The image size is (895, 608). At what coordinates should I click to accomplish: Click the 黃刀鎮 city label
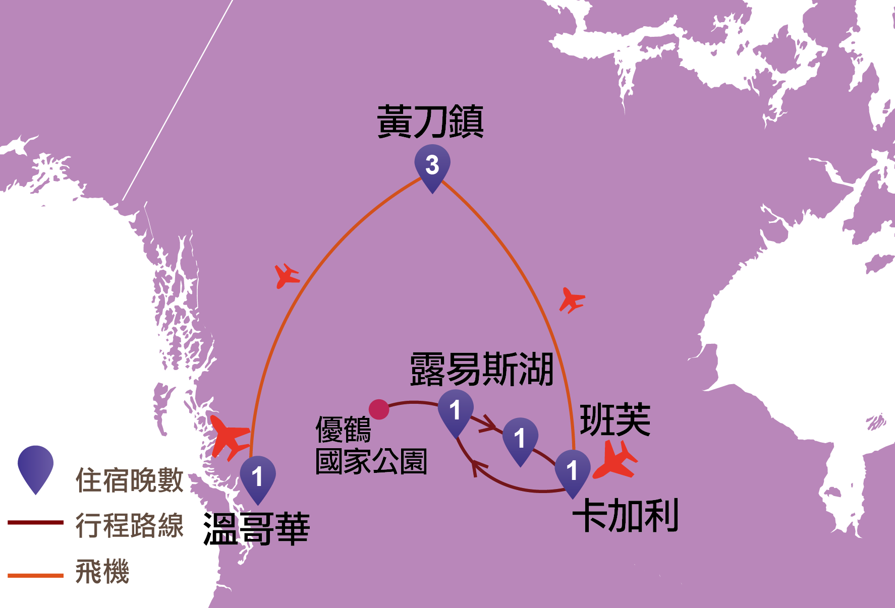430,121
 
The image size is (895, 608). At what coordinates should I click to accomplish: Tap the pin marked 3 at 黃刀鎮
432,165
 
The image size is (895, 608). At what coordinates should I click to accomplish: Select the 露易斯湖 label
481,370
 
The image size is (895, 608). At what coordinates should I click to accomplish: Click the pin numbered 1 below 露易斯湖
456,410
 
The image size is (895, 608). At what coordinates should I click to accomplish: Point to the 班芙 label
614,419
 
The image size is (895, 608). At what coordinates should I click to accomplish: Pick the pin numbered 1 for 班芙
520,438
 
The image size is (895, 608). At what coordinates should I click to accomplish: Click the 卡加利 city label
625,515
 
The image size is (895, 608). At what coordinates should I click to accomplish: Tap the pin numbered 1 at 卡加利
572,471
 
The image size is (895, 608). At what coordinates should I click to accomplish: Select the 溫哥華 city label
256,529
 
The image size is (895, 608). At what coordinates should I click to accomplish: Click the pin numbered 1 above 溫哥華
258,476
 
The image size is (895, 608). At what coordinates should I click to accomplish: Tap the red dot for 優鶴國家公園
379,409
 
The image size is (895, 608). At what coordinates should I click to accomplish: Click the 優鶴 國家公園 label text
371,445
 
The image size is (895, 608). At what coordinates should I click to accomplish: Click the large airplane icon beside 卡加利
616,460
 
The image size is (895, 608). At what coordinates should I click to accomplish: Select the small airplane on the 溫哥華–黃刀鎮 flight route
287,276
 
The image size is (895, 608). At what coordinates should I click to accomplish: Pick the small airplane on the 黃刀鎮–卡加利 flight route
572,300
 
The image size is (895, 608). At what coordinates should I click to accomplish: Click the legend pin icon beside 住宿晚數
35,468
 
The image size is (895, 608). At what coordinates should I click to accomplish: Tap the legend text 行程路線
129,525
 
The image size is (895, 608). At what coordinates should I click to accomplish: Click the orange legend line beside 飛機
35,575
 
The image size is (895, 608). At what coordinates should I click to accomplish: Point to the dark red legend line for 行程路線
35,523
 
